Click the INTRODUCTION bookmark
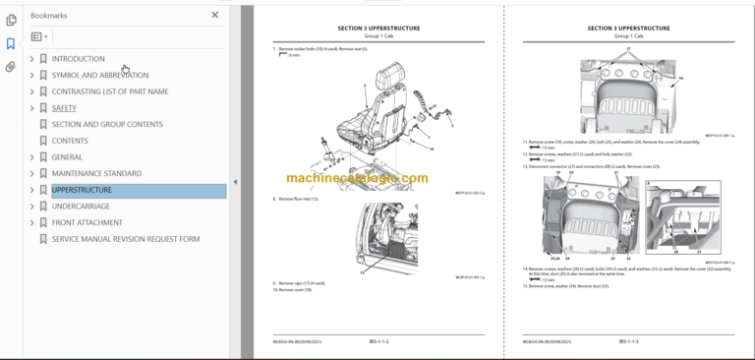click(78, 59)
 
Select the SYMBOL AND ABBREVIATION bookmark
click(99, 75)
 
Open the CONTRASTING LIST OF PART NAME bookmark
click(109, 91)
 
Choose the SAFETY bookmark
click(64, 108)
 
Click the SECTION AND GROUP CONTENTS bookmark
click(108, 124)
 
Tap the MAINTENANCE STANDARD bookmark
click(96, 173)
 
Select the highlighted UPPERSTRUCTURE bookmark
click(88, 190)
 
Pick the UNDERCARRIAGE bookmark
click(87, 207)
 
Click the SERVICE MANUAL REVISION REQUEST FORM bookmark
click(125, 239)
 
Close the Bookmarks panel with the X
click(215, 16)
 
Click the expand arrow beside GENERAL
click(31, 157)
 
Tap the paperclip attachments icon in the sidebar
click(11, 67)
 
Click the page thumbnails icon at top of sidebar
click(11, 20)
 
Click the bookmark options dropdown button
click(39, 36)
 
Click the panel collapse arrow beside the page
click(235, 182)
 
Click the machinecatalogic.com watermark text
click(357, 178)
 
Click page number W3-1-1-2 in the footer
click(379, 341)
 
